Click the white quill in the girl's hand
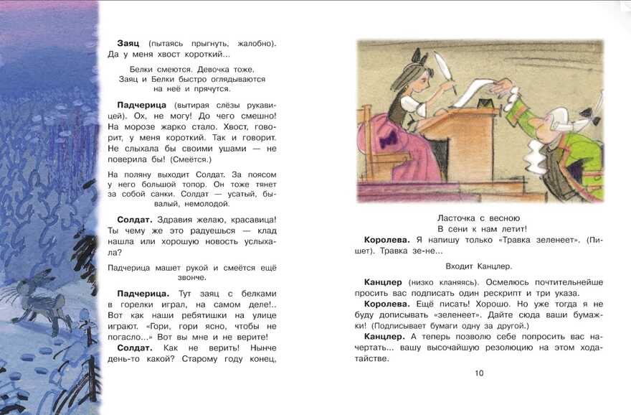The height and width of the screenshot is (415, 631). [x=446, y=73]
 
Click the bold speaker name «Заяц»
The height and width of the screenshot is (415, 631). [x=130, y=44]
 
